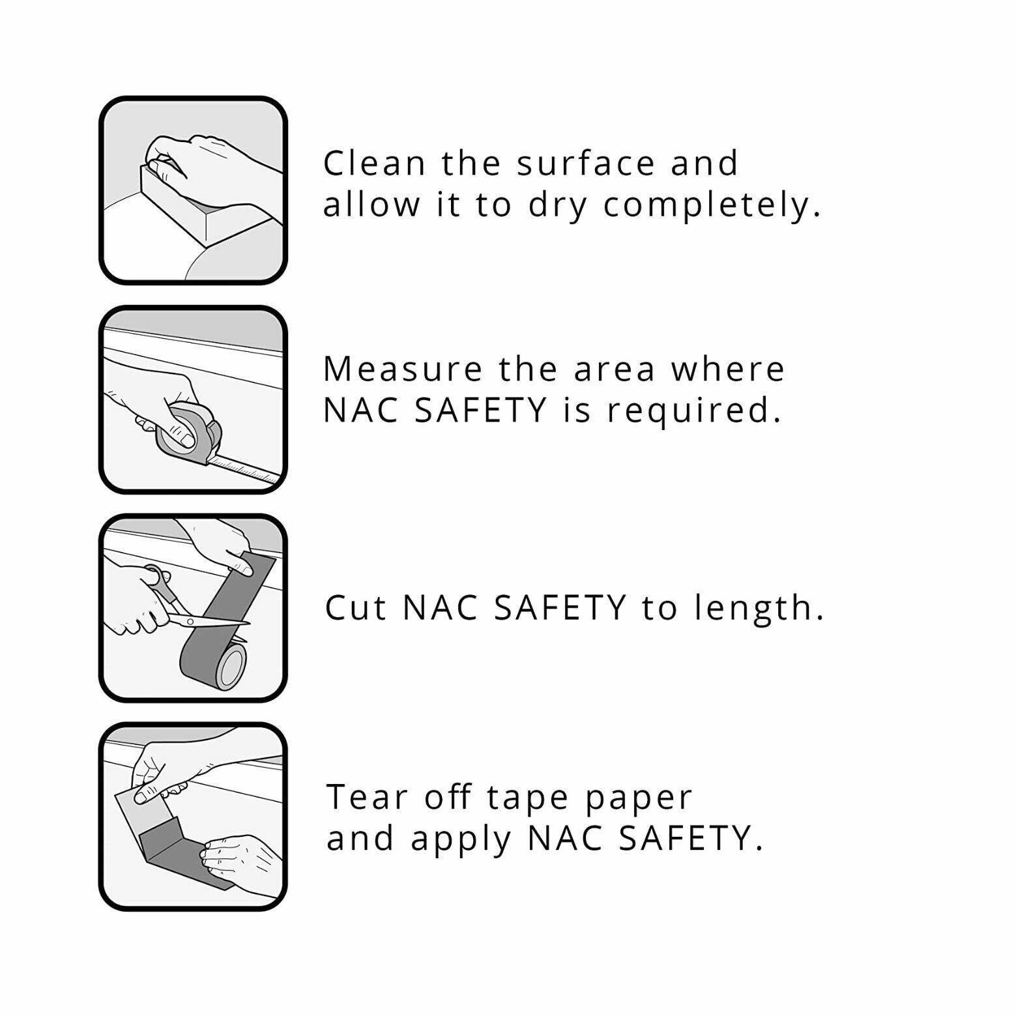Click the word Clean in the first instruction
point(375,163)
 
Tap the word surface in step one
point(586,163)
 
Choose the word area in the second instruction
point(614,369)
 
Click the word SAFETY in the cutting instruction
point(560,607)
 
